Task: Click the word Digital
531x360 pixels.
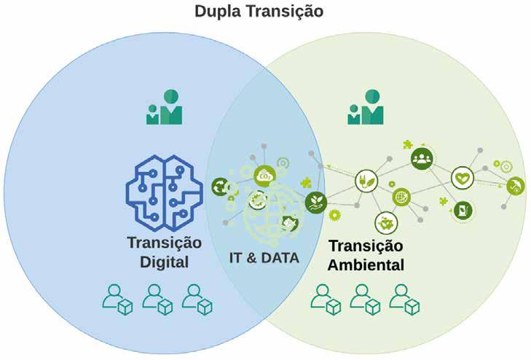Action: (165, 262)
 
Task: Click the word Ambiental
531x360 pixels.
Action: (366, 265)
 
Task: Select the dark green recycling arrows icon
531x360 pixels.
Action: (219, 187)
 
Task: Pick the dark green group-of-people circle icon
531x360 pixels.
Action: (422, 158)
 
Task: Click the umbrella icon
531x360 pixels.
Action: (516, 186)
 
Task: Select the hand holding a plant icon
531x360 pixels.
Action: (316, 200)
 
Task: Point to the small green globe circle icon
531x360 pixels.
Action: (401, 197)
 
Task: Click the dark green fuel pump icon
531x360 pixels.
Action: (462, 211)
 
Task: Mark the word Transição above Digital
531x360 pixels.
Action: (165, 243)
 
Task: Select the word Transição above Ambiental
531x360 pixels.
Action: (366, 246)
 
